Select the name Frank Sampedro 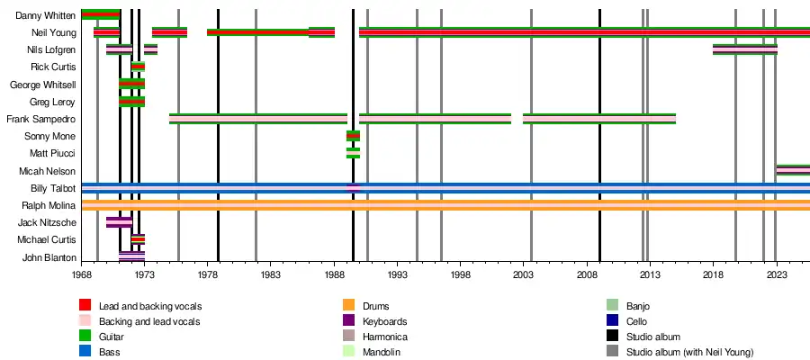(40, 119)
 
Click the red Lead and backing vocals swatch (85, 306)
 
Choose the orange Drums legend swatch (348, 306)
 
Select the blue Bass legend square (85, 352)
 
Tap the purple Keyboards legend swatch (348, 321)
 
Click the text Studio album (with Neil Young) (689, 352)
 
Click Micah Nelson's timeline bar (793, 170)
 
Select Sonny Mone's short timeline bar (353, 136)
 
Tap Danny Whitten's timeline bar (100, 14)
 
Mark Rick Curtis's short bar (138, 67)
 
